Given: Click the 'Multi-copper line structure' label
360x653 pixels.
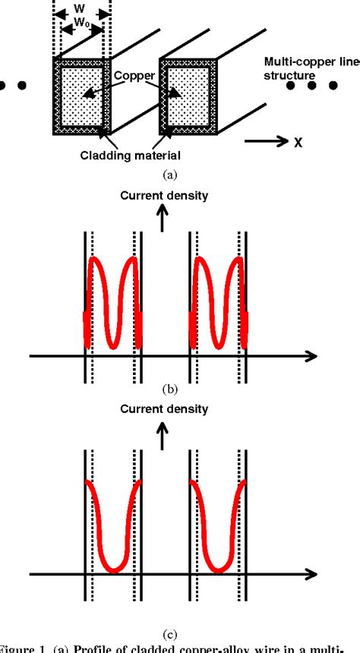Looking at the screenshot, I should (311, 69).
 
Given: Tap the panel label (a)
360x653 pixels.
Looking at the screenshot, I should (170, 175).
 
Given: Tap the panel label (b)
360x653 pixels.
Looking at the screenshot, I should (170, 390).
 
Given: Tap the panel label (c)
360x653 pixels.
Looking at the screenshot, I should (170, 613).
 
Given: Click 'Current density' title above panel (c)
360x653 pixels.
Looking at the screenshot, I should (164, 409).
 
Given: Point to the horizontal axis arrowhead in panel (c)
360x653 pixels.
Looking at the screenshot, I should (311, 571).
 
